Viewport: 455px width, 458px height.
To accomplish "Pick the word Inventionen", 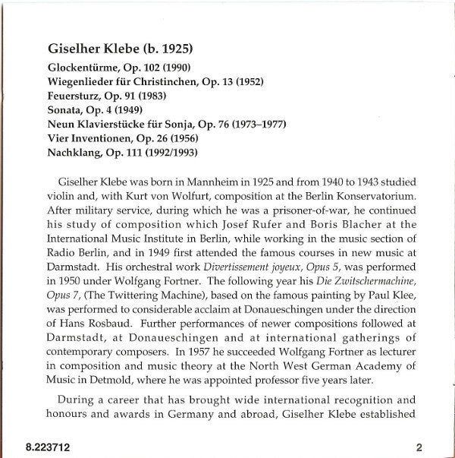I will tap(107, 138).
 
